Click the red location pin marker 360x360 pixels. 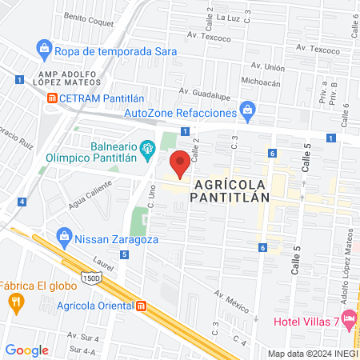[182, 163]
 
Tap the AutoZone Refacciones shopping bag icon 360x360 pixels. [248, 108]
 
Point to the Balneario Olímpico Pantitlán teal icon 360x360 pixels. [147, 148]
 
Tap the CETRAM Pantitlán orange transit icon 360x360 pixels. [52, 98]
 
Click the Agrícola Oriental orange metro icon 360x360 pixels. [142, 306]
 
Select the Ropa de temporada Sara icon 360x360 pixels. [45, 50]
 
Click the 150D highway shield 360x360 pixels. [91, 277]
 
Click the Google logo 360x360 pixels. [26, 350]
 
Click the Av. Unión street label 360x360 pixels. [269, 68]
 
